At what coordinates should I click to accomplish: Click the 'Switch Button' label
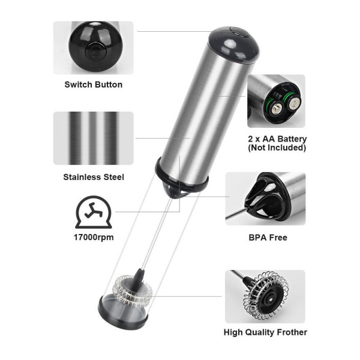(x=93, y=85)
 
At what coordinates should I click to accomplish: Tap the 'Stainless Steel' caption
(x=94, y=177)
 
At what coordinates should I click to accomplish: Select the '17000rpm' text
(x=94, y=237)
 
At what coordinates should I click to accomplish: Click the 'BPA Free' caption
(x=268, y=238)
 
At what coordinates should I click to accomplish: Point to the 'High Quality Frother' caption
(x=265, y=332)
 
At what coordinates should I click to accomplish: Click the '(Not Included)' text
(x=277, y=148)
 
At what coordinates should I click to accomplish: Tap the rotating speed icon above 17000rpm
(x=94, y=212)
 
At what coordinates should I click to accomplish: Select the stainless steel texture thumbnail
(x=94, y=138)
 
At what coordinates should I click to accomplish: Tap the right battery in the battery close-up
(x=294, y=104)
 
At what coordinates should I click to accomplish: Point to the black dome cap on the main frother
(x=235, y=45)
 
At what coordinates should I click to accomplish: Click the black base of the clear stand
(x=123, y=313)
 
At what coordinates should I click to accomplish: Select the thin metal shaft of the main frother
(x=157, y=233)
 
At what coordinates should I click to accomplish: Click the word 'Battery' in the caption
(x=292, y=139)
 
